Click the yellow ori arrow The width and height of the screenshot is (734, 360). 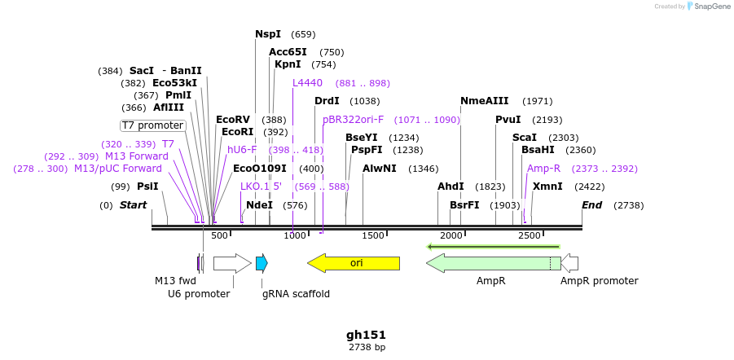click(x=354, y=263)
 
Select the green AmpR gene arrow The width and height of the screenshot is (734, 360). click(x=489, y=263)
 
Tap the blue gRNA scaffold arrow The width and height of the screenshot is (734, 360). click(x=262, y=263)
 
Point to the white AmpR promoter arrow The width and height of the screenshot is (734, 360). click(x=570, y=263)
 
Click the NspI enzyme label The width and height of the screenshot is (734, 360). click(x=268, y=34)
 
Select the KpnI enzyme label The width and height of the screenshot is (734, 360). click(x=288, y=64)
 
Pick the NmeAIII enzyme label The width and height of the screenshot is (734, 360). click(x=484, y=101)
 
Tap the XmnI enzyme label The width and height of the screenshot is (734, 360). click(x=547, y=187)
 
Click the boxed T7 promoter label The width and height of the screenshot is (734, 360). click(x=152, y=125)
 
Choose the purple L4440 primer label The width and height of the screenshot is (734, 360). click(x=308, y=83)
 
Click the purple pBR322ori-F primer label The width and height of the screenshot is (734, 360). click(x=353, y=120)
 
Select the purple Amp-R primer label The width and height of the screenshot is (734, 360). click(x=543, y=169)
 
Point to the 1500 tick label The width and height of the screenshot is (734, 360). click(x=373, y=236)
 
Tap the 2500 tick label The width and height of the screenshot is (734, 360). click(x=530, y=236)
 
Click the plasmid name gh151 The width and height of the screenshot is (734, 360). click(x=366, y=335)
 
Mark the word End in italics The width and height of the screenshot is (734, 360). click(x=592, y=205)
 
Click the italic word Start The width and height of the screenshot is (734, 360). click(x=133, y=205)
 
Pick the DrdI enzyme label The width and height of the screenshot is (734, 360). click(x=327, y=101)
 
